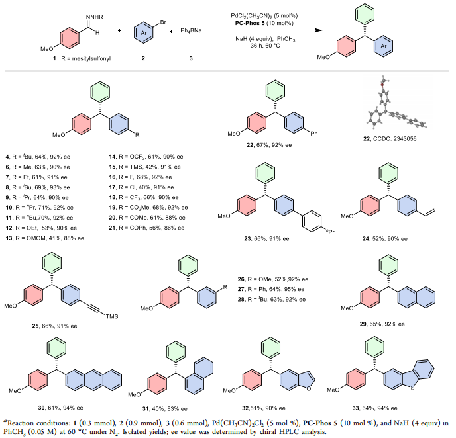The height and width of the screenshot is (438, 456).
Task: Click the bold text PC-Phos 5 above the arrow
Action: pyautogui.click(x=253, y=22)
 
